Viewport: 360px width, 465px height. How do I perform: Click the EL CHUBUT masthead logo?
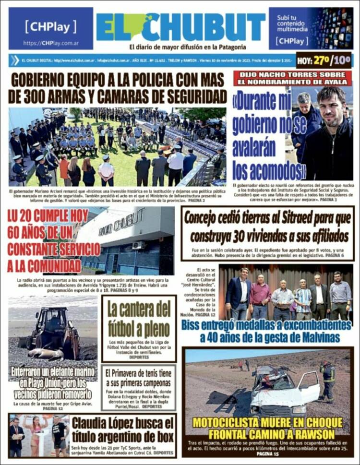click(x=180, y=27)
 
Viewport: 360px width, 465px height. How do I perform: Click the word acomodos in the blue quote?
click(x=274, y=171)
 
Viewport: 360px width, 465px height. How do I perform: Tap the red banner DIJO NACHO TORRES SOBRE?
click(x=293, y=75)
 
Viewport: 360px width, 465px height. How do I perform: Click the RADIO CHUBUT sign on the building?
click(x=121, y=224)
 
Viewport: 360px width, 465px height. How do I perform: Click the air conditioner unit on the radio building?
click(x=138, y=245)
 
